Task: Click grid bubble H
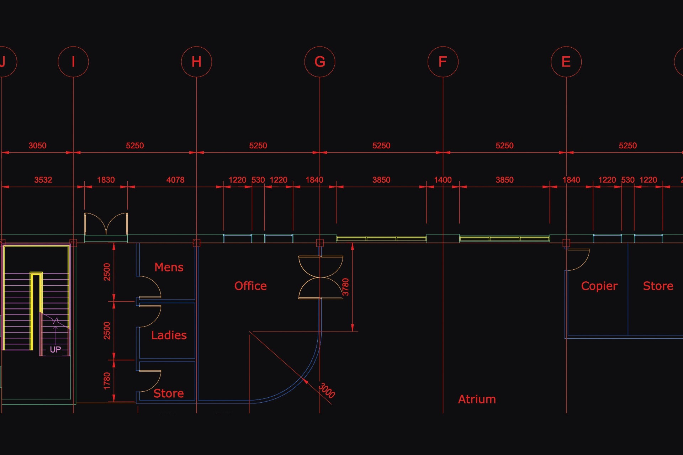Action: click(196, 62)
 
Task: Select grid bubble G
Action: click(319, 62)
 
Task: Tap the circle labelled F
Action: click(443, 62)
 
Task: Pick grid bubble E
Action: click(566, 62)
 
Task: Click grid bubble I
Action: click(73, 62)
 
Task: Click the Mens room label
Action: click(169, 267)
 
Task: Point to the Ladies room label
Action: click(169, 335)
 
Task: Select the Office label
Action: click(250, 286)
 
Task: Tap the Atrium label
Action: click(477, 399)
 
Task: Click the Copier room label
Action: click(599, 286)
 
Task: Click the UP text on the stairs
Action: click(55, 349)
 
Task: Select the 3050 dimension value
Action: click(37, 146)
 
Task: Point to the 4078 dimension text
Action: click(175, 180)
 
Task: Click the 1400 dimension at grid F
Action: click(443, 180)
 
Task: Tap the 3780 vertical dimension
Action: click(345, 287)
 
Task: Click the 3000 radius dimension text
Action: click(327, 391)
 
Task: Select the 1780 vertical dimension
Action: click(107, 381)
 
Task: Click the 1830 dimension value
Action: click(106, 180)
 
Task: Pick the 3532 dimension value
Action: click(43, 180)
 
